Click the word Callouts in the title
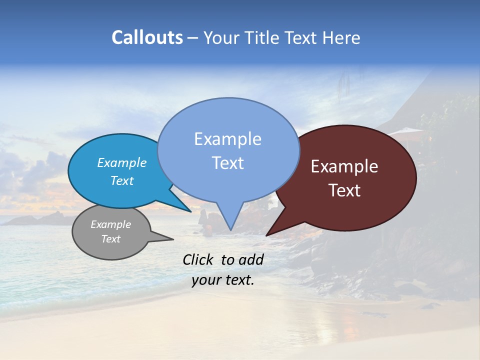pyautogui.click(x=147, y=37)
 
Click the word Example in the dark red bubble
pyautogui.click(x=344, y=166)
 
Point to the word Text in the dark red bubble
pyautogui.click(x=344, y=190)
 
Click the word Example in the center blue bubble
pyautogui.click(x=227, y=139)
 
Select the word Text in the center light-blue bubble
pyautogui.click(x=227, y=163)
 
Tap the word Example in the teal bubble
pyautogui.click(x=122, y=162)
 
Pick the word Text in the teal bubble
pyautogui.click(x=122, y=180)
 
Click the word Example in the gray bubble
pyautogui.click(x=111, y=224)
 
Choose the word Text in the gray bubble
pyautogui.click(x=111, y=239)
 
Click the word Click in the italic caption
pyautogui.click(x=198, y=259)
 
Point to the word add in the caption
pyautogui.click(x=251, y=259)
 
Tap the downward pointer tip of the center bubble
pyautogui.click(x=230, y=229)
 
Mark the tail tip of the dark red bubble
pyautogui.click(x=267, y=234)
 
